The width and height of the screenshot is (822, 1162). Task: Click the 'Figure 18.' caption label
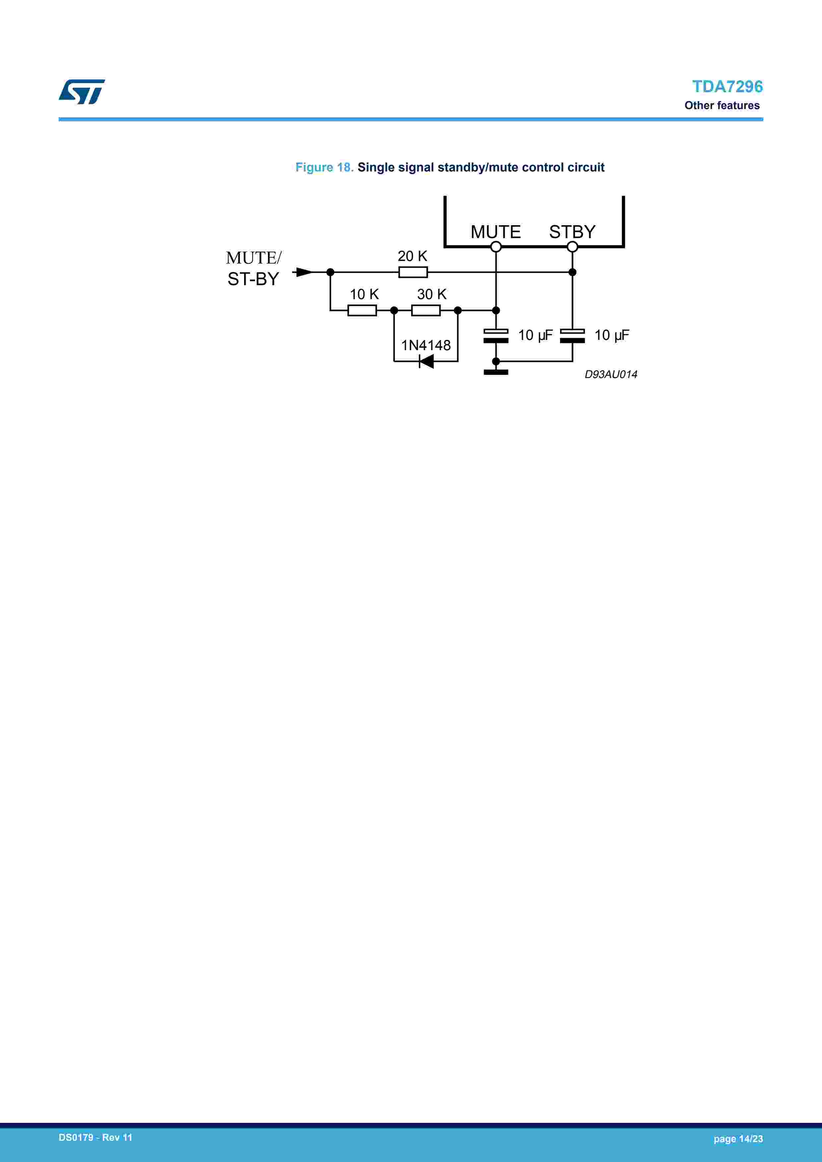(x=324, y=167)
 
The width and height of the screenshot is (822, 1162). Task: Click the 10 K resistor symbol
(x=362, y=310)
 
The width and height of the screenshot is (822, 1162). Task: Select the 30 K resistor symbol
(x=426, y=310)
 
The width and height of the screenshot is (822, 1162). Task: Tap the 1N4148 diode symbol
(x=426, y=361)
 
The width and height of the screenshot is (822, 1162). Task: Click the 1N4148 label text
(x=426, y=345)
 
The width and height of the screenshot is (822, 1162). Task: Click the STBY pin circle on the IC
(x=572, y=246)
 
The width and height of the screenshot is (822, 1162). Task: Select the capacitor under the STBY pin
(x=572, y=336)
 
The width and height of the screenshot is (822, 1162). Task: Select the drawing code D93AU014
(x=610, y=374)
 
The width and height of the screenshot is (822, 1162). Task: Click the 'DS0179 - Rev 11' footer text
(x=95, y=1137)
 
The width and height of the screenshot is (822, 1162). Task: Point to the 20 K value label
(x=412, y=256)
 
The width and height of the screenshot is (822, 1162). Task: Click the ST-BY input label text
(x=253, y=279)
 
